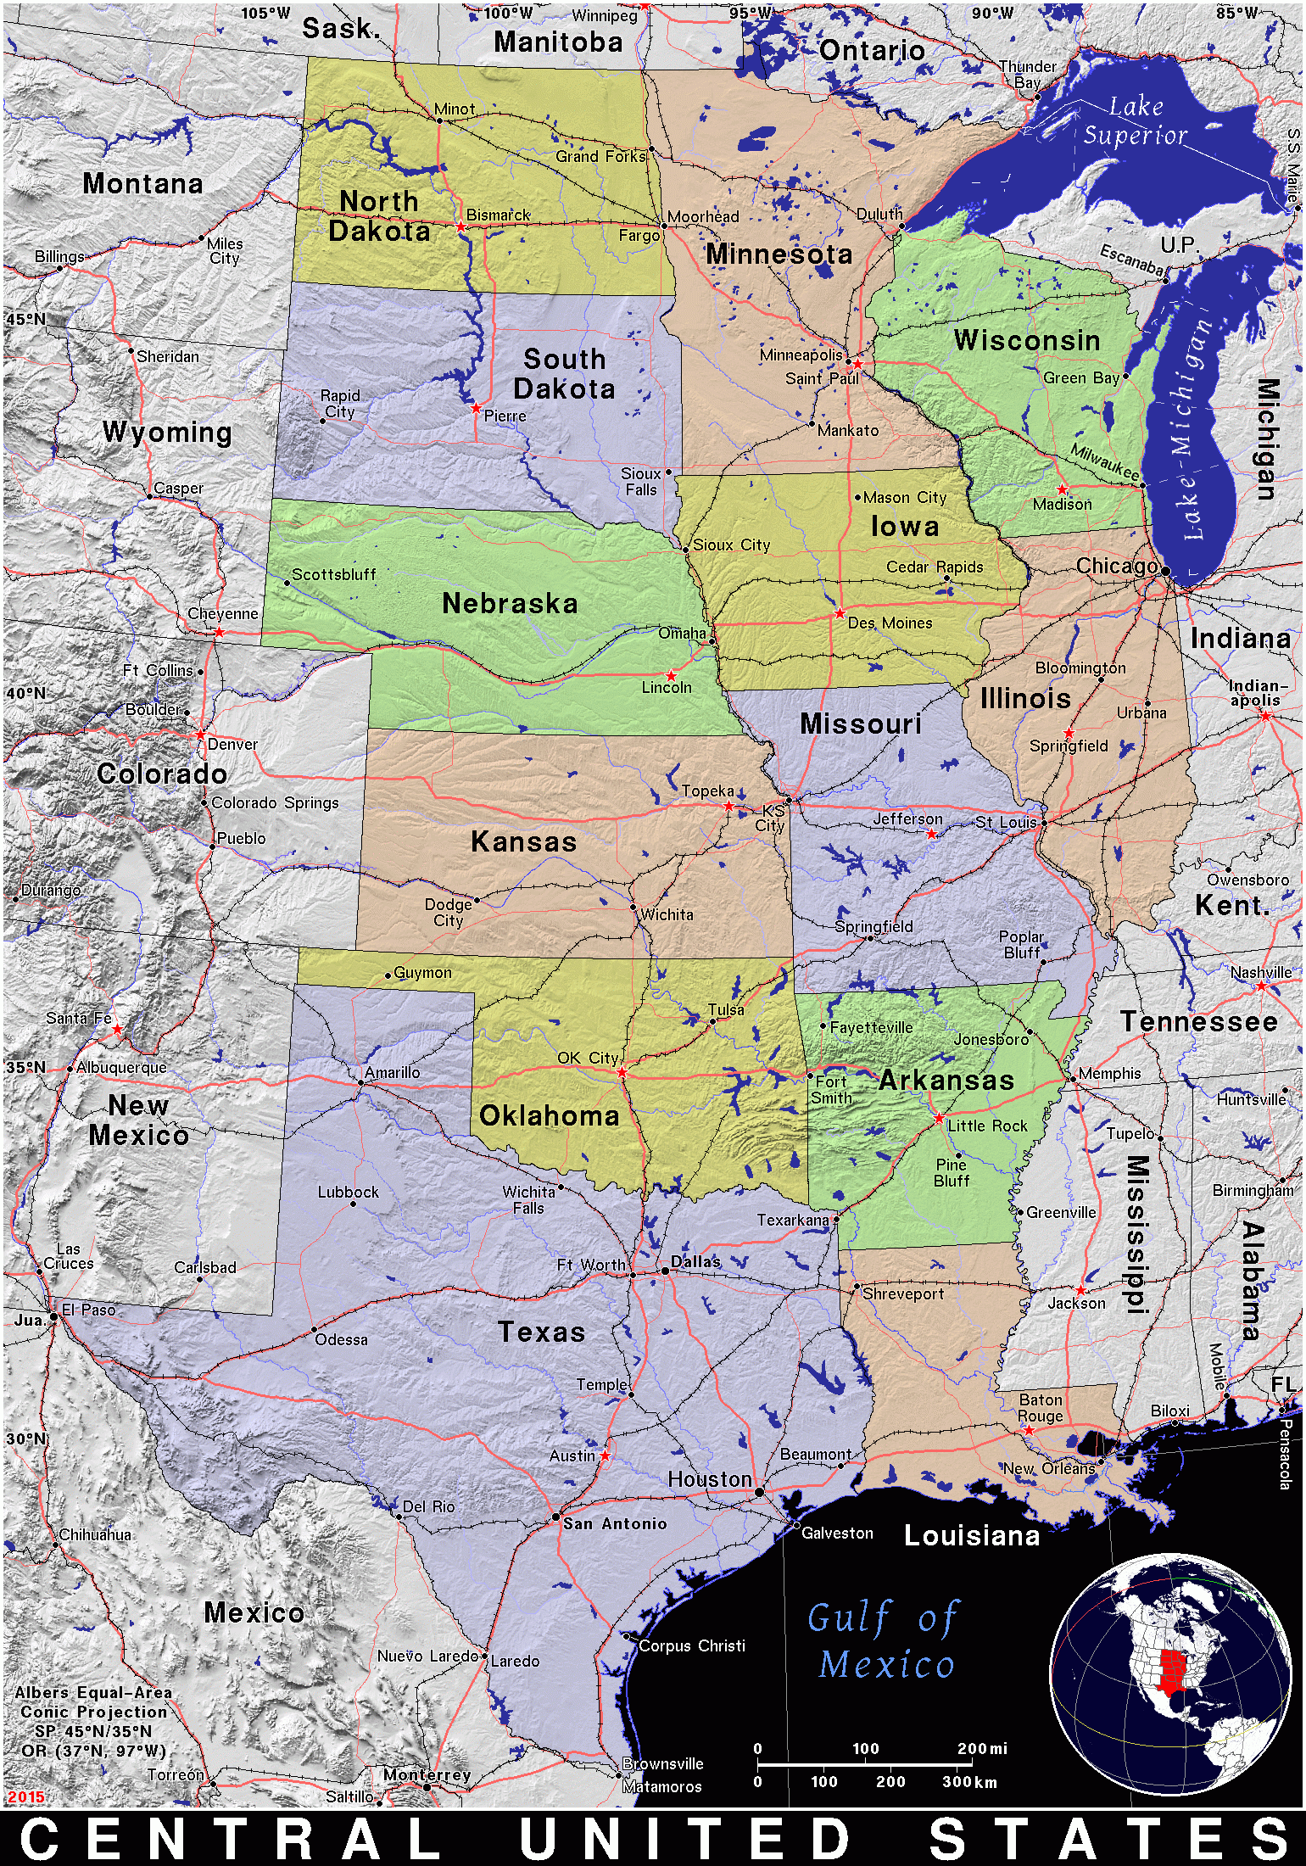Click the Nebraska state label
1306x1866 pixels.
click(510, 604)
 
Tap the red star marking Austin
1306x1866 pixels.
click(605, 1455)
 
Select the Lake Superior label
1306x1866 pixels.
click(1135, 120)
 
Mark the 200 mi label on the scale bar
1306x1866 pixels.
click(982, 1748)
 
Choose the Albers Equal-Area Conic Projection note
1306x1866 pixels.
click(93, 1722)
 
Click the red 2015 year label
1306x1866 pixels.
click(25, 1796)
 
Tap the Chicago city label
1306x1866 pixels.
click(1116, 566)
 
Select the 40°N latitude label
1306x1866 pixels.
click(25, 693)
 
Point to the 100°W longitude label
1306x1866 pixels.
click(508, 13)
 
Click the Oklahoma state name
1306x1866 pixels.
click(549, 1116)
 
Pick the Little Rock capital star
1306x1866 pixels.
click(939, 1119)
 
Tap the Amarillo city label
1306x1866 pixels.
click(392, 1072)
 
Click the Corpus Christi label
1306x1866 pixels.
click(691, 1645)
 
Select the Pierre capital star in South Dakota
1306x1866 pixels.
click(476, 409)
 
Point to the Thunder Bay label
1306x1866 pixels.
click(1028, 75)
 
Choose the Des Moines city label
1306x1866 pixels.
click(890, 623)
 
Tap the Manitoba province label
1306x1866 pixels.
click(558, 42)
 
